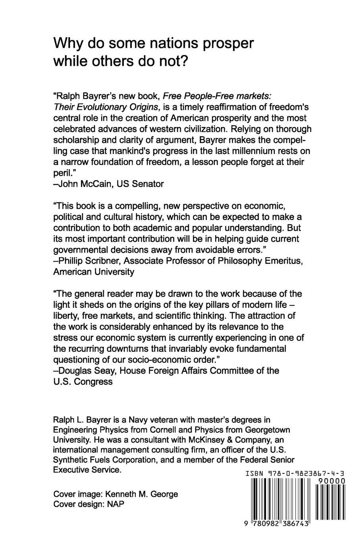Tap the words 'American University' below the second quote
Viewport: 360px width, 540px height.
click(94, 272)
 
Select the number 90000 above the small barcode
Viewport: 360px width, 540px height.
click(332, 481)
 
